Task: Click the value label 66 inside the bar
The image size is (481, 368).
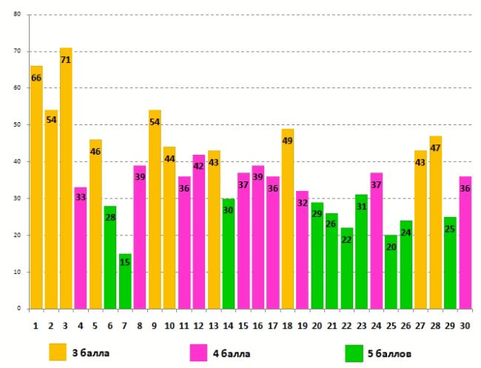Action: (x=36, y=78)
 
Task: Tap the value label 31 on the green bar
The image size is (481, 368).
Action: (x=362, y=207)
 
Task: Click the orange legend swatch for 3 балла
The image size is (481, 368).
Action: (x=58, y=351)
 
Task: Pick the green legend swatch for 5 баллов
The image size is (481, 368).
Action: (x=354, y=351)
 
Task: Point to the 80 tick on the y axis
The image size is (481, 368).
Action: (x=17, y=15)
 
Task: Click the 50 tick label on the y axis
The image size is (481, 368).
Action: (x=17, y=125)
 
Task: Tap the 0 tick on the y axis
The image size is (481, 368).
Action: (x=19, y=309)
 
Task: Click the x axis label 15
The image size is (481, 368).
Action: (x=243, y=324)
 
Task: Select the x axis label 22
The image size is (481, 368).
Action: (x=346, y=324)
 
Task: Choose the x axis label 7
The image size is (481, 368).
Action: (x=125, y=324)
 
